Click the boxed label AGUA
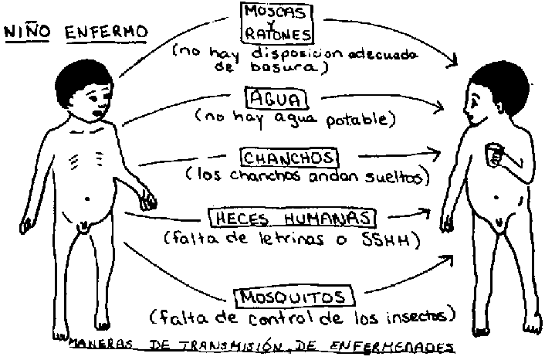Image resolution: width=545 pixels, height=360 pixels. click(276, 99)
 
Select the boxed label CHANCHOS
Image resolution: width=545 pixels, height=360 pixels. click(289, 158)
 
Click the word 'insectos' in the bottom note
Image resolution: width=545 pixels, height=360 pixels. click(417, 316)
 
